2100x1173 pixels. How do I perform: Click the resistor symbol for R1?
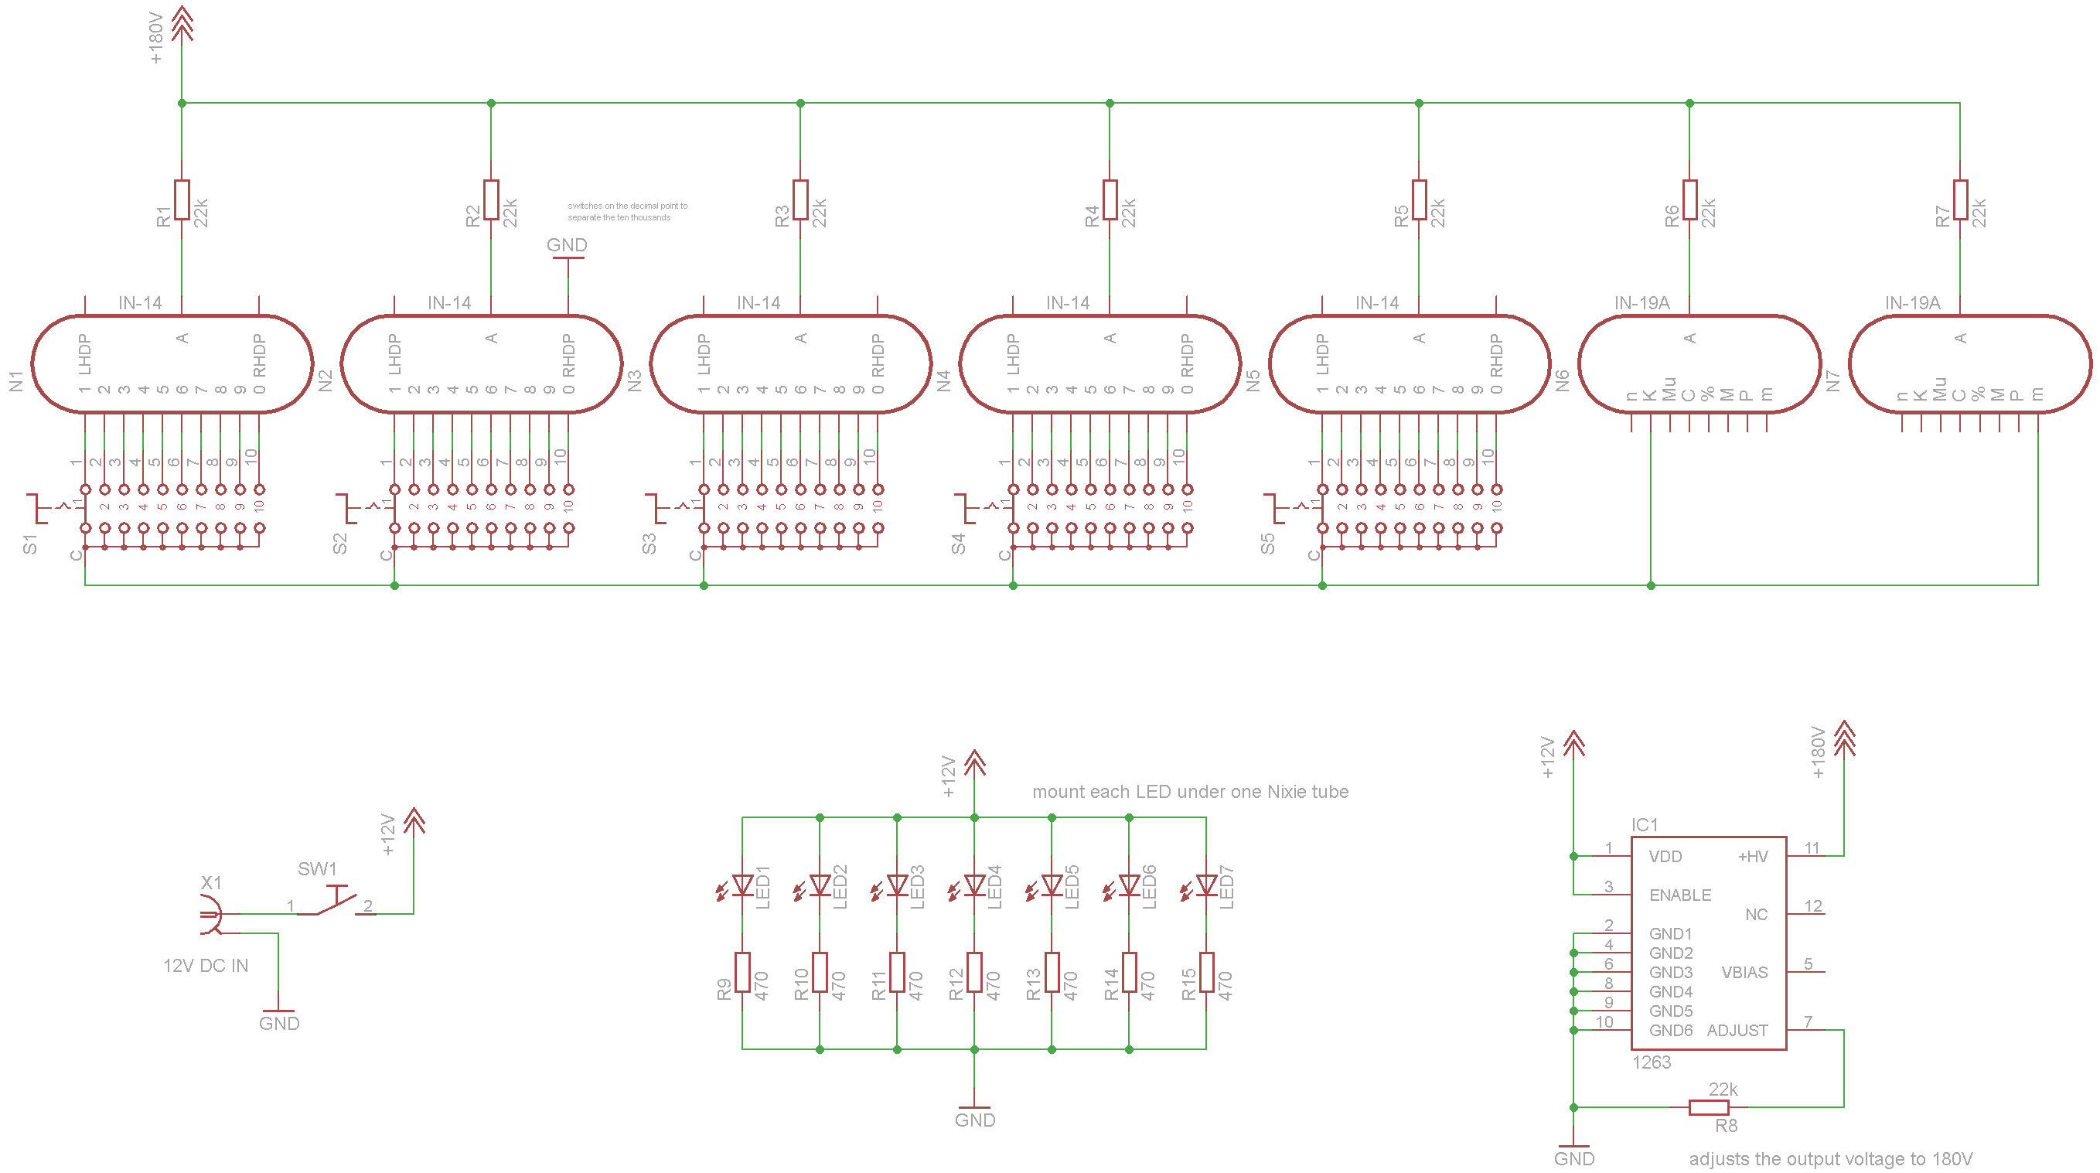(182, 199)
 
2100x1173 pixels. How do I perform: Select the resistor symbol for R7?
(1960, 199)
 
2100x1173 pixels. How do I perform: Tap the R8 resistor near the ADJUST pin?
(1709, 1107)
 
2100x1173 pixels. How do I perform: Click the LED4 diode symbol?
(974, 885)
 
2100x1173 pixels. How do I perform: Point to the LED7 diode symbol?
(1205, 885)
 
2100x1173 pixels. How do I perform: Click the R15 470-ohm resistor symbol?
(1205, 972)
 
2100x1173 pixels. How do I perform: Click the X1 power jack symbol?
(210, 915)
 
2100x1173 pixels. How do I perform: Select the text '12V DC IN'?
(206, 966)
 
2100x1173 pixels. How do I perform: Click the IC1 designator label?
(1645, 825)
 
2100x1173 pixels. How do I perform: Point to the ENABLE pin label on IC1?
(1679, 895)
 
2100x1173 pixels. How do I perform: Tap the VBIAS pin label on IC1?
(1744, 973)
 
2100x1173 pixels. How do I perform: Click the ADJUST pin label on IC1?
(1737, 1031)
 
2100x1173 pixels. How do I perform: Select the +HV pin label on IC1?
(1752, 857)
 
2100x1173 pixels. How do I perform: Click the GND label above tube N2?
(567, 245)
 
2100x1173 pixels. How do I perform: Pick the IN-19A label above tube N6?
(1641, 303)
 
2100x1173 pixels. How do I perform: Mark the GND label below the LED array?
(974, 1120)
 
